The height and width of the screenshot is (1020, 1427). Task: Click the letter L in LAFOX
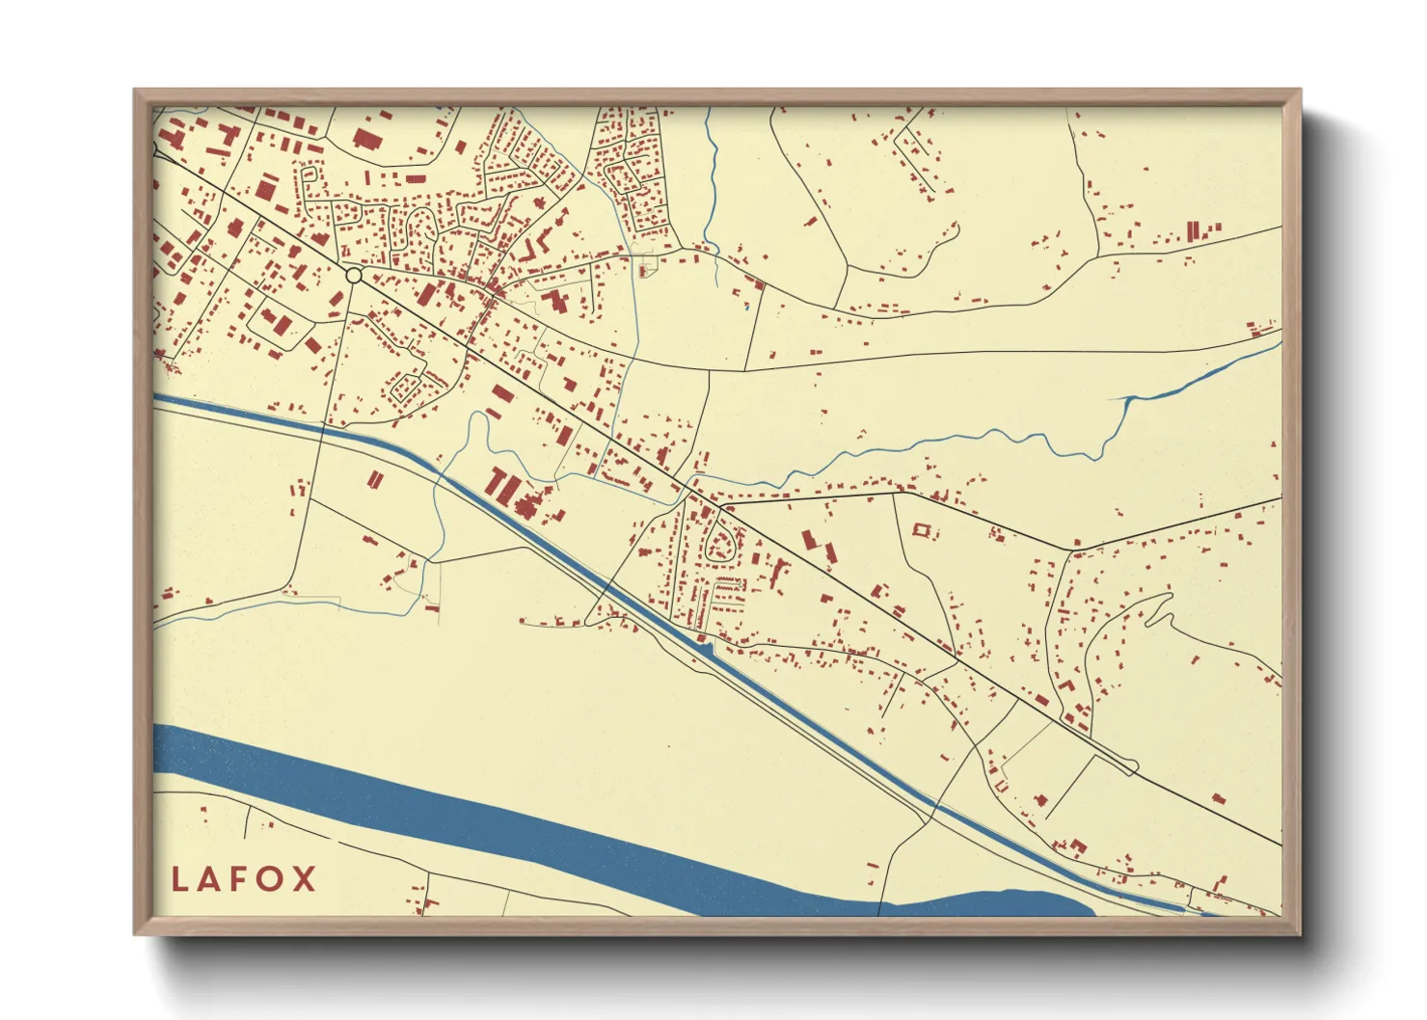pyautogui.click(x=179, y=879)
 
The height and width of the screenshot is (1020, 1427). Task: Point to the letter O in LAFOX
pyautogui.click(x=272, y=879)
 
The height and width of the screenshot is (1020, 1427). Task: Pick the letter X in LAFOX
pyautogui.click(x=304, y=879)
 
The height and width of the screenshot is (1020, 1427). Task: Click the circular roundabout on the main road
pyautogui.click(x=354, y=276)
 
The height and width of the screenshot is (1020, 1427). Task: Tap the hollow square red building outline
pyautogui.click(x=921, y=530)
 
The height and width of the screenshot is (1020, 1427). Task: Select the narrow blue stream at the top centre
pyautogui.click(x=712, y=183)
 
